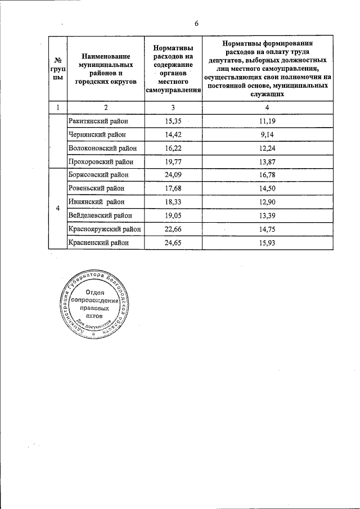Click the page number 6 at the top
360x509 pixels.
[196, 23]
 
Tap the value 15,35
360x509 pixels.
[173, 121]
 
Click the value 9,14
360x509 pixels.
[267, 134]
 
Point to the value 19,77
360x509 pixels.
[173, 161]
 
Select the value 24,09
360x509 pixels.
[173, 175]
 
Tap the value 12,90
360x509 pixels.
[267, 202]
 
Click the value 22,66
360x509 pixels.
[173, 229]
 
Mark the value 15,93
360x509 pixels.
[267, 242]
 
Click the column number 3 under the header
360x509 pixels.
[173, 107]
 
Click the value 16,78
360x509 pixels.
[267, 175]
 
